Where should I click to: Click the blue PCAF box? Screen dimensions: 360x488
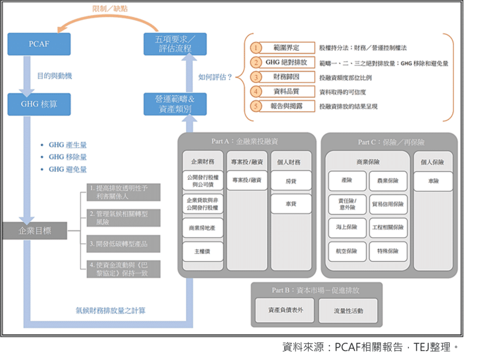click(39, 44)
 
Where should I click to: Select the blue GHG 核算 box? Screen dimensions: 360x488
click(39, 104)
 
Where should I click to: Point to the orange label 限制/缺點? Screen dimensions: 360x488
click(111, 9)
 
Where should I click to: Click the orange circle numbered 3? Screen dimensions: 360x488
click(256, 77)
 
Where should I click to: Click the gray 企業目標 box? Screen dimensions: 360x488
click(34, 231)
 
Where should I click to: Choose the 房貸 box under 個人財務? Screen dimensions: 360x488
click(291, 181)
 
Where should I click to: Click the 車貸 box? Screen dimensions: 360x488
click(291, 204)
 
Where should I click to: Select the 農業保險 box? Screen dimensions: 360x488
click(388, 181)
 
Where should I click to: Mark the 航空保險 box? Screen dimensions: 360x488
click(347, 251)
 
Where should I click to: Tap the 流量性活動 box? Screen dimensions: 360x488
click(348, 310)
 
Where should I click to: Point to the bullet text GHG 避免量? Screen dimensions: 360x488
click(68, 169)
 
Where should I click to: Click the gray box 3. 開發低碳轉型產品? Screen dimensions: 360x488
click(123, 244)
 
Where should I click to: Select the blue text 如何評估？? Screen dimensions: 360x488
click(215, 76)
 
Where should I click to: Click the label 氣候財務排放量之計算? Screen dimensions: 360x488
click(111, 310)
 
